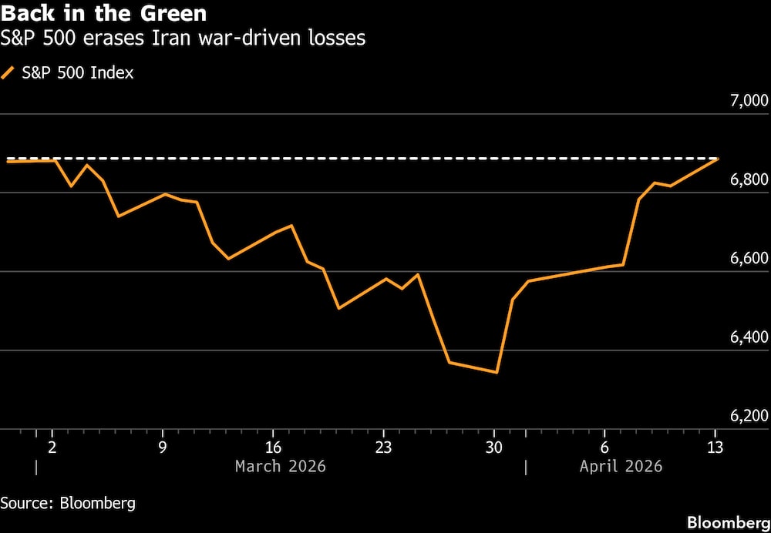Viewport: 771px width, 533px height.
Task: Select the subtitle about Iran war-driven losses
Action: click(x=183, y=38)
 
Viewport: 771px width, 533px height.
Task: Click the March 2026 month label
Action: click(x=280, y=467)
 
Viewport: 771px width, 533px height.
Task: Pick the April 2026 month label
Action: click(x=621, y=467)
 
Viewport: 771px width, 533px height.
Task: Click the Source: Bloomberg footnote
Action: click(x=69, y=504)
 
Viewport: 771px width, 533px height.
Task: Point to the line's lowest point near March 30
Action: click(x=497, y=373)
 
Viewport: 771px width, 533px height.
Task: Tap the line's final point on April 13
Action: click(x=718, y=159)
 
